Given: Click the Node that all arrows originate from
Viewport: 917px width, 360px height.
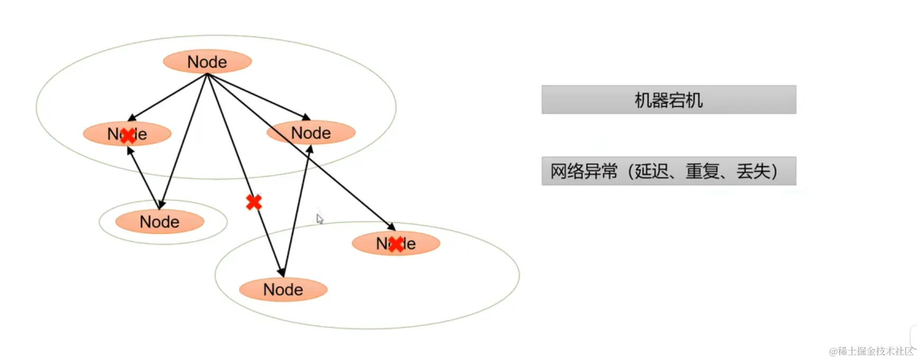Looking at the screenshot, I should pyautogui.click(x=207, y=61).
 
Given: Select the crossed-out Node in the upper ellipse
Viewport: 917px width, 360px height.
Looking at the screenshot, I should pyautogui.click(x=127, y=134).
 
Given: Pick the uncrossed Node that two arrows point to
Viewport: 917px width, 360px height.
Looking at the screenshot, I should pyautogui.click(x=311, y=133).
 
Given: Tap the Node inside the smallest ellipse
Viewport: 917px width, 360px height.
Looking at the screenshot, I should pyautogui.click(x=159, y=222).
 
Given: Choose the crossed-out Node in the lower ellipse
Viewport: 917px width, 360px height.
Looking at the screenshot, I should pyautogui.click(x=396, y=244).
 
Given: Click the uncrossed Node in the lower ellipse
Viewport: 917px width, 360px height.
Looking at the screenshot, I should pyautogui.click(x=283, y=290).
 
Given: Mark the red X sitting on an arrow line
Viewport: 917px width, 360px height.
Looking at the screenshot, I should pyautogui.click(x=254, y=202).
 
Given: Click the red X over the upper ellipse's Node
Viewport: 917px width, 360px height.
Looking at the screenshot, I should pyautogui.click(x=127, y=136).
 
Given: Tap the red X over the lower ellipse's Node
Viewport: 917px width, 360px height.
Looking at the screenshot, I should pyautogui.click(x=395, y=244).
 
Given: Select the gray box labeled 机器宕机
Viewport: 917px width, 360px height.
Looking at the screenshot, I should pyautogui.click(x=668, y=100).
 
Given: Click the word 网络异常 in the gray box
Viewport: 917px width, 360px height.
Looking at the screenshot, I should pyautogui.click(x=584, y=172).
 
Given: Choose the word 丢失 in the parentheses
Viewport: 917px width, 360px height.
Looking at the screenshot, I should pyautogui.click(x=753, y=172).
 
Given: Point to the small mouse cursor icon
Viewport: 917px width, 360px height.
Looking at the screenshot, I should pyautogui.click(x=320, y=219).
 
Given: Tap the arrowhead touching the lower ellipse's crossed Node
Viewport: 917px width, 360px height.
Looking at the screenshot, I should pyautogui.click(x=392, y=227).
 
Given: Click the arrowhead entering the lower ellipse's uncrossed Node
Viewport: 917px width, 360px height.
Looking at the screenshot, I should pyautogui.click(x=281, y=272).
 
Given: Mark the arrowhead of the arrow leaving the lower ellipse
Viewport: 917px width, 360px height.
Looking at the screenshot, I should pyautogui.click(x=310, y=149).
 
